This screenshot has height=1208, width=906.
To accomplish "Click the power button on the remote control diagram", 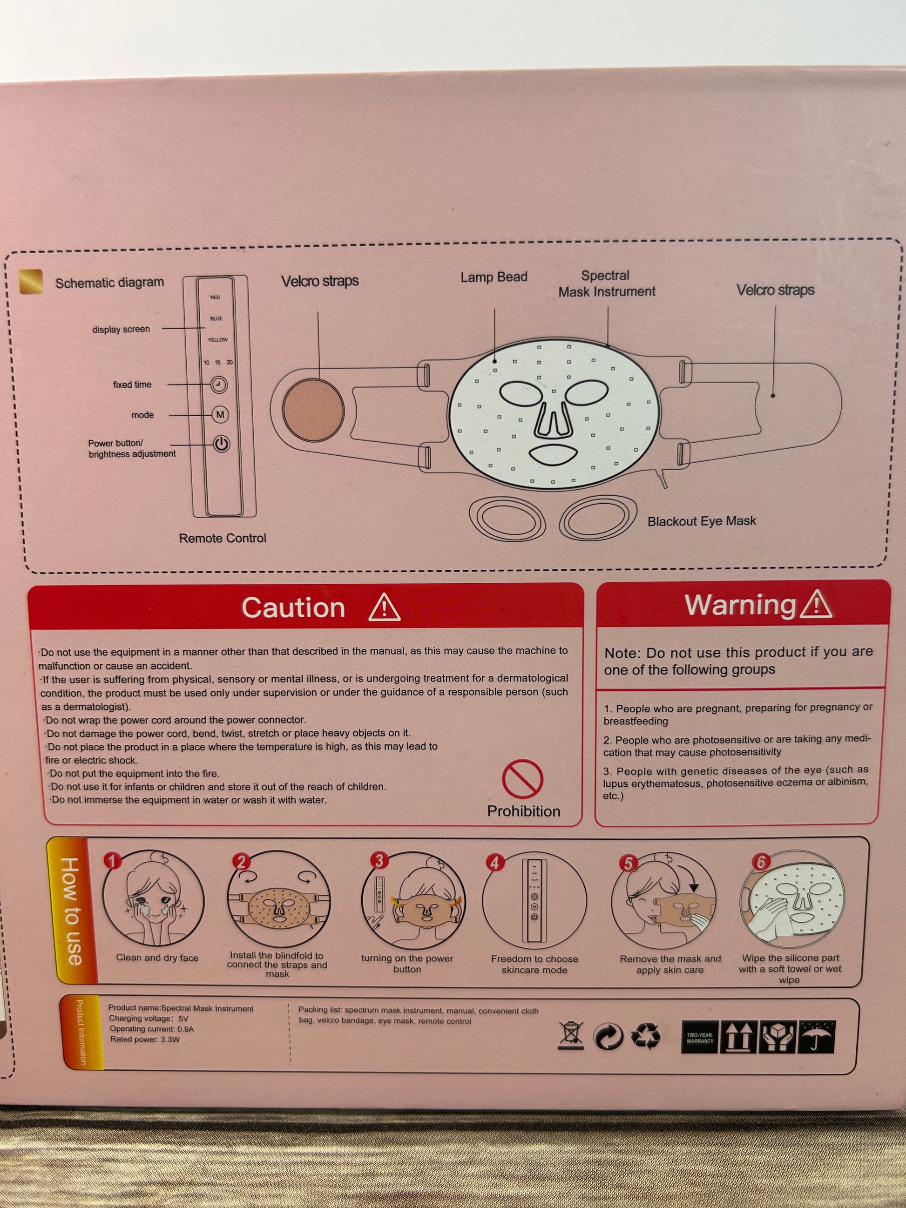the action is [221, 444].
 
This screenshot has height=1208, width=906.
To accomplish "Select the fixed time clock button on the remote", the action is [219, 385].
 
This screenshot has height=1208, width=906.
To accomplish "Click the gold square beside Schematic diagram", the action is [31, 281].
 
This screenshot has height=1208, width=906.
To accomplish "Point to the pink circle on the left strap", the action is [313, 409].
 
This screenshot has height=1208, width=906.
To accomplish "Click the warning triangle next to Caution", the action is [385, 607].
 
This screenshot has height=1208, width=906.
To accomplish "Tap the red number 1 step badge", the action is [112, 861].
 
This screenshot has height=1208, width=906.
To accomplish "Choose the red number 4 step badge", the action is [495, 863].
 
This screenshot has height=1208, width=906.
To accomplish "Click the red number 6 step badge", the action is [761, 862].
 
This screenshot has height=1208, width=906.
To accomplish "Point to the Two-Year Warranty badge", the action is [700, 1038].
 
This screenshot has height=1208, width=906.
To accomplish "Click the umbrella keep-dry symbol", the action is [817, 1038].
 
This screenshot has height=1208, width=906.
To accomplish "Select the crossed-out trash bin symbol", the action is [571, 1035].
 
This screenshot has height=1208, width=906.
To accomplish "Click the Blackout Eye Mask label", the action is [702, 521].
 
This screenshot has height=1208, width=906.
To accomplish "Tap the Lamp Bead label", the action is [494, 277].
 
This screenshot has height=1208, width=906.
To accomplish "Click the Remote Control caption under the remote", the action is [223, 538].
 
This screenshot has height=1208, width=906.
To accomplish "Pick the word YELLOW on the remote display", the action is [217, 340].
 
